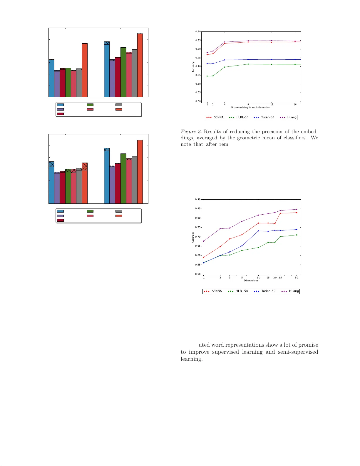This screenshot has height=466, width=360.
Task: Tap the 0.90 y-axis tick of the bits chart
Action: (198, 32)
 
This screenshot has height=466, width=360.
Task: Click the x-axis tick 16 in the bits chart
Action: (295, 104)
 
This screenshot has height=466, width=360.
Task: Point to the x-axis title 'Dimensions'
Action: (251, 280)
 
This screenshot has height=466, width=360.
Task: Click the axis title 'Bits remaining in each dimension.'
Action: (251, 107)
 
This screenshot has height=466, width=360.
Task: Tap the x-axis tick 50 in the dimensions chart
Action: (297, 278)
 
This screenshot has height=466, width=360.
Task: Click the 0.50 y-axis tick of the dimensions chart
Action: (198, 274)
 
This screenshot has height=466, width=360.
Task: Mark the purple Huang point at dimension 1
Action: (204, 241)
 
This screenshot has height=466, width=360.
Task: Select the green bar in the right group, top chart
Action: (123, 72)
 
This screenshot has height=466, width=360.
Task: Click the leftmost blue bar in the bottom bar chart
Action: (51, 182)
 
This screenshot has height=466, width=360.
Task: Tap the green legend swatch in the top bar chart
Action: (90, 105)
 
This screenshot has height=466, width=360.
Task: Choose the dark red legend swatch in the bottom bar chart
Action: (60, 220)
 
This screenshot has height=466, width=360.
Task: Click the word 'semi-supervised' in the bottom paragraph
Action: (298, 352)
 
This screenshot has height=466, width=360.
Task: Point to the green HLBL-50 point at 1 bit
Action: (207, 76)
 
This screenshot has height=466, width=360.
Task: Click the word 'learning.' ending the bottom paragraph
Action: (191, 359)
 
